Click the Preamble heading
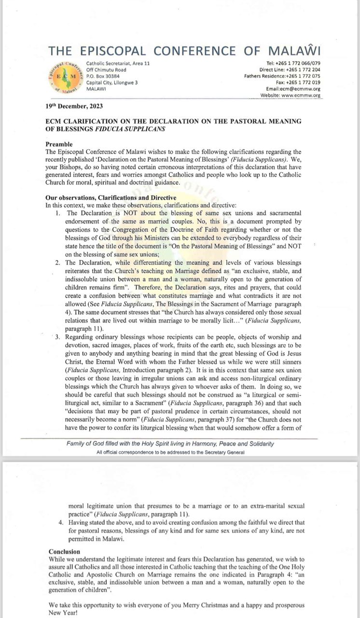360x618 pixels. coord(59,144)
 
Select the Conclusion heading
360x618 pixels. coord(65,551)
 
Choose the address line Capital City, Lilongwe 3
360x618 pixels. coord(112,83)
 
